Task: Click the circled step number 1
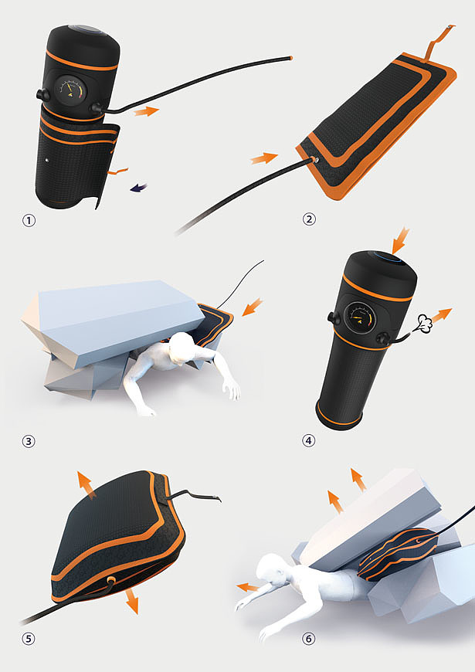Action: click(x=29, y=221)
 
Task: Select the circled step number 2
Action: click(x=309, y=219)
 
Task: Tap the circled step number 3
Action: click(x=29, y=441)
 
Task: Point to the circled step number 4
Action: click(x=309, y=440)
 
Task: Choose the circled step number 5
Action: click(x=29, y=639)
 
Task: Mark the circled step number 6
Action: click(x=308, y=639)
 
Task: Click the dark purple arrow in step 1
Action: click(x=139, y=187)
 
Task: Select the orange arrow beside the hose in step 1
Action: click(x=146, y=111)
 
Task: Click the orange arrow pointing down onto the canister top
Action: click(x=401, y=240)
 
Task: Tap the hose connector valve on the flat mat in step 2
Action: click(x=316, y=161)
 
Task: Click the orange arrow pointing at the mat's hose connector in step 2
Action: click(x=264, y=158)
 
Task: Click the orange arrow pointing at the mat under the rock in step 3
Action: click(x=253, y=307)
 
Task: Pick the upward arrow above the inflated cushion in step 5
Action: click(x=86, y=485)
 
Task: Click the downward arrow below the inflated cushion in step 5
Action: click(x=133, y=601)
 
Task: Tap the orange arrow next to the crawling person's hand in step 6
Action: click(x=248, y=587)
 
